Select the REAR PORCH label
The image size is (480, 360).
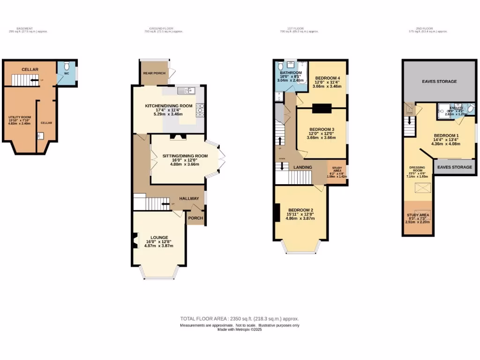154,73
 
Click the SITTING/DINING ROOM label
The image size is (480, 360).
185,156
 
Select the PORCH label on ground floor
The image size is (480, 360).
195,217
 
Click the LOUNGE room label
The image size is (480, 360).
159,237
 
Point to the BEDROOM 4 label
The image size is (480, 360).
327,78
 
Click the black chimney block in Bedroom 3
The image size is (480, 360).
322,109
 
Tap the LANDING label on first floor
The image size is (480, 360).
303,166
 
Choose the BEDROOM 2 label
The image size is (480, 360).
300,210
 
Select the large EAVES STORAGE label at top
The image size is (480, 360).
439,82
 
